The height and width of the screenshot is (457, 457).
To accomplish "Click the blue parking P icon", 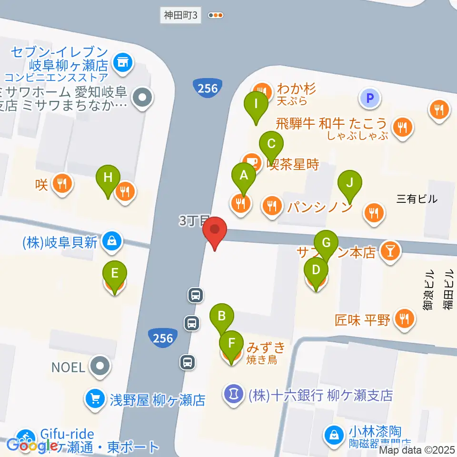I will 371,99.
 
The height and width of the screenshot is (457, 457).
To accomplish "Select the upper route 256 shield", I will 208,89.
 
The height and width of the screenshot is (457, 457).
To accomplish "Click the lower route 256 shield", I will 163,338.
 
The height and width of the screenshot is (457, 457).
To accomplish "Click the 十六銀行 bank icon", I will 233,395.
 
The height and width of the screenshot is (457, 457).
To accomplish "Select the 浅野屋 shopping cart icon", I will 95,397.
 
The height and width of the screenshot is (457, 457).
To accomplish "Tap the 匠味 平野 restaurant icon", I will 405,318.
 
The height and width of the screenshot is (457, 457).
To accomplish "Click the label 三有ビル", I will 417,199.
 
